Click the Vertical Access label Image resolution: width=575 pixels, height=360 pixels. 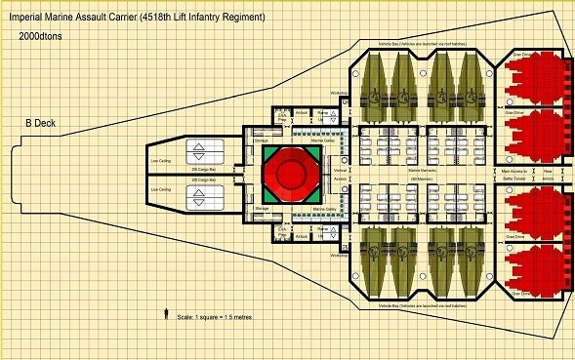pyautogui.click(x=341, y=174)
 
